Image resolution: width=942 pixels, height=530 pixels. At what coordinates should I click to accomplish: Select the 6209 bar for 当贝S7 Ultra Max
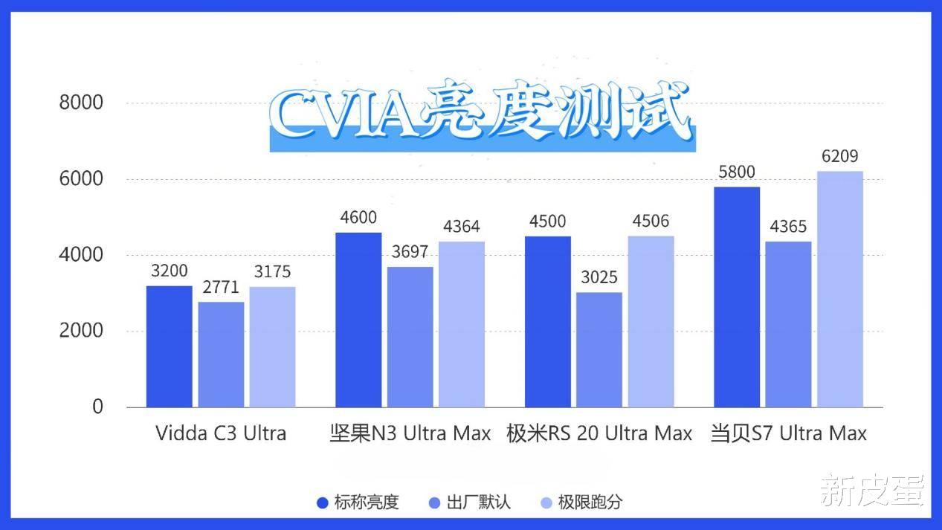[840, 289]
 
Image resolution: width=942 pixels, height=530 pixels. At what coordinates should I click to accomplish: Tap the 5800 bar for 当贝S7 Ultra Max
[737, 297]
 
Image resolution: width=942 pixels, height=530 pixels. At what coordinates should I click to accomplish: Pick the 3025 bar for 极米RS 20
[599, 349]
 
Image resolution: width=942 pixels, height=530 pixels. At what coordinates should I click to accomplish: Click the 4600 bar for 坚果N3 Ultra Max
[358, 320]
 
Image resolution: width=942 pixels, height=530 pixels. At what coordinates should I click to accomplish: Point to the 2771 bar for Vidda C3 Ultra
[221, 354]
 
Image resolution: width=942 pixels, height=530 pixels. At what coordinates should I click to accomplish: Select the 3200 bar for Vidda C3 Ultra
[170, 346]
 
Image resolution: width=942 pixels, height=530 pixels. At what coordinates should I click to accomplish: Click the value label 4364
[462, 227]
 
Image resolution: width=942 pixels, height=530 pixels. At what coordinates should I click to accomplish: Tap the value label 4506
[651, 222]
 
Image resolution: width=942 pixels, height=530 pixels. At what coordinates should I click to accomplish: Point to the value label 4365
[788, 227]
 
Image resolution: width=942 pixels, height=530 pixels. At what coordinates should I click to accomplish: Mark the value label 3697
[410, 252]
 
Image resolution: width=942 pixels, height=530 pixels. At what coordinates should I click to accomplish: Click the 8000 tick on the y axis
[81, 103]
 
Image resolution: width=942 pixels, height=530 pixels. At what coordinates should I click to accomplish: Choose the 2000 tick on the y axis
[81, 331]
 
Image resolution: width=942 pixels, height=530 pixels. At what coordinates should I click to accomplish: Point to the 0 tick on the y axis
[97, 407]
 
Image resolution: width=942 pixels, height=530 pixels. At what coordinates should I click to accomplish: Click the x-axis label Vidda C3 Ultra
[221, 433]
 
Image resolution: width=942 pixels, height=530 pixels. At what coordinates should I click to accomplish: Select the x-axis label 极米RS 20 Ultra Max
[599, 433]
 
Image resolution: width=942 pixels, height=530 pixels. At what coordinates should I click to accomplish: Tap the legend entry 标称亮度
[358, 502]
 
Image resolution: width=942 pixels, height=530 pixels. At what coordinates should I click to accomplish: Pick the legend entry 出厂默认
[470, 502]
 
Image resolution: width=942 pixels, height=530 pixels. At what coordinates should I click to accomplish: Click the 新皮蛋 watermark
[872, 490]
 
